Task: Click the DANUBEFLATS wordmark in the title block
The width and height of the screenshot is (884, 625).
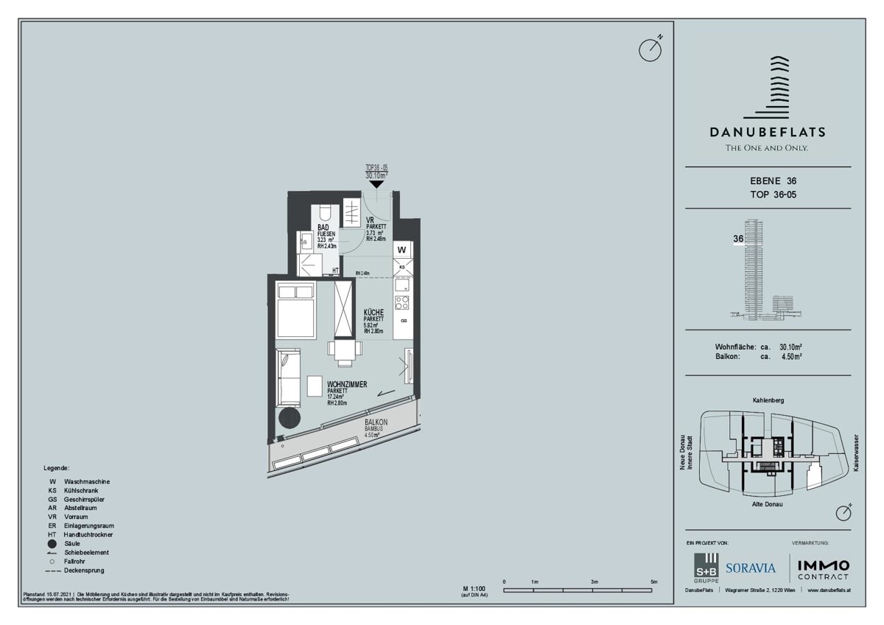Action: click(767, 133)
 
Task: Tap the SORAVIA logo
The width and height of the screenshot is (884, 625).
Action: click(751, 568)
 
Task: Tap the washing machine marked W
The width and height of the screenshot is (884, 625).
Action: click(402, 250)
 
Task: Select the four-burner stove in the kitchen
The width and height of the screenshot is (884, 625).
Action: click(402, 301)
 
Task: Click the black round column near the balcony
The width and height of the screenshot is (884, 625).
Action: click(288, 417)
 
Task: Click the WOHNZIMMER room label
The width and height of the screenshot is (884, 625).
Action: click(347, 385)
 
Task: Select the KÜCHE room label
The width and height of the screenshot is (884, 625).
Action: click(373, 312)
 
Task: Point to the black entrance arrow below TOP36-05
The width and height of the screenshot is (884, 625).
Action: click(376, 184)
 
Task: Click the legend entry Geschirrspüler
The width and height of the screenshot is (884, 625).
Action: click(85, 499)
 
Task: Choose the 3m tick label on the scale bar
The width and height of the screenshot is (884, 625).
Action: click(594, 582)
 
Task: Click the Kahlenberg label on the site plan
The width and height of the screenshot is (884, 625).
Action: click(768, 400)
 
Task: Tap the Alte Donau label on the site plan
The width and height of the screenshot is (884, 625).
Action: click(768, 504)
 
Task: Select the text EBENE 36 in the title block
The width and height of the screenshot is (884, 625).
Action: click(768, 181)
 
